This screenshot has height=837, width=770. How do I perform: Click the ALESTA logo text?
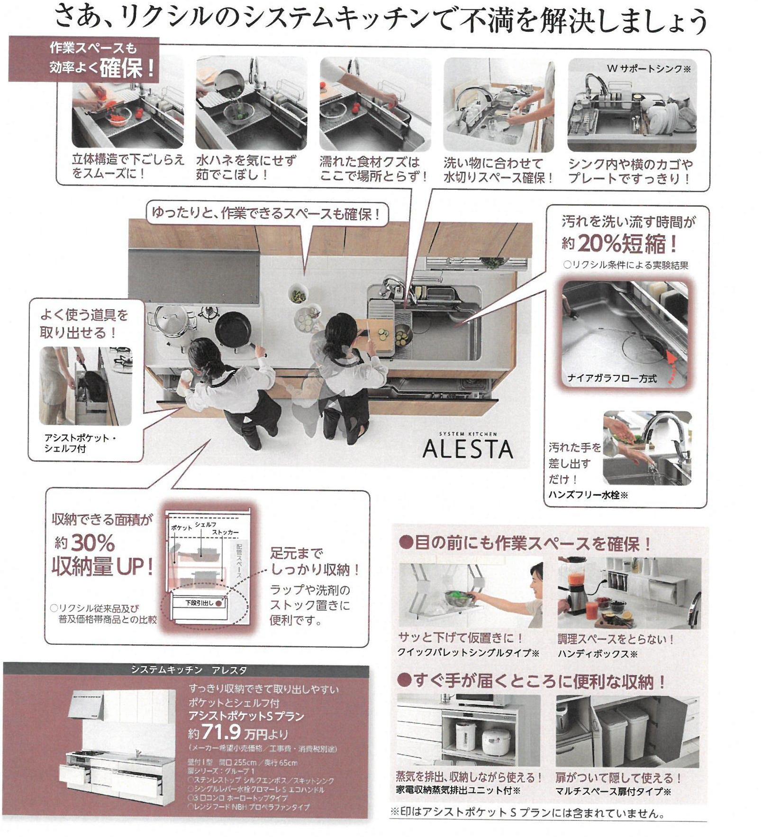467,449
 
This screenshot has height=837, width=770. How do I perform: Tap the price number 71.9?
221,732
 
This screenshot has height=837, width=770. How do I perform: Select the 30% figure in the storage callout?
93,543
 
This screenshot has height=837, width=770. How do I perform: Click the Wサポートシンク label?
648,69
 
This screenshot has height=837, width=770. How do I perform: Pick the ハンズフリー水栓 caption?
588,495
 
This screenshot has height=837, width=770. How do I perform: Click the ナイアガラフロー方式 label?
611,378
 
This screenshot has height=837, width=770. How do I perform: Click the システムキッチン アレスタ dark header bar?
186,670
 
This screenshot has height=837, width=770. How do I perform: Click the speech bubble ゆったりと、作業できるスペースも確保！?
267,214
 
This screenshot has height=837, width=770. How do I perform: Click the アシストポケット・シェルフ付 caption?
79,443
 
